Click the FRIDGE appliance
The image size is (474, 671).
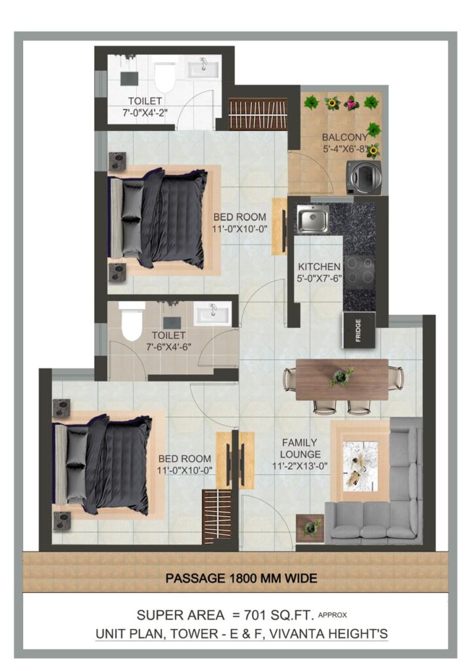[359, 330]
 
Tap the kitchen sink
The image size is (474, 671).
[313, 219]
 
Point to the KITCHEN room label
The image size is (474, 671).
[319, 267]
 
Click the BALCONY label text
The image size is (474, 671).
[344, 138]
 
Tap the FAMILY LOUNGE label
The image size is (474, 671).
[300, 448]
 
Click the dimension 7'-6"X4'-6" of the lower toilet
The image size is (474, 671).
[168, 347]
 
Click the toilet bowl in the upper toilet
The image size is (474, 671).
[164, 77]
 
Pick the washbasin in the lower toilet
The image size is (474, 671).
[212, 313]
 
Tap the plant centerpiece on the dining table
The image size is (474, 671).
[342, 376]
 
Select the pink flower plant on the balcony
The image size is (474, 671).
[352, 103]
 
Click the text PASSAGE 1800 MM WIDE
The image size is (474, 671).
[241, 579]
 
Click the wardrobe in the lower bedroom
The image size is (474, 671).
[217, 516]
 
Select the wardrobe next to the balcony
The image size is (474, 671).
[258, 114]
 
